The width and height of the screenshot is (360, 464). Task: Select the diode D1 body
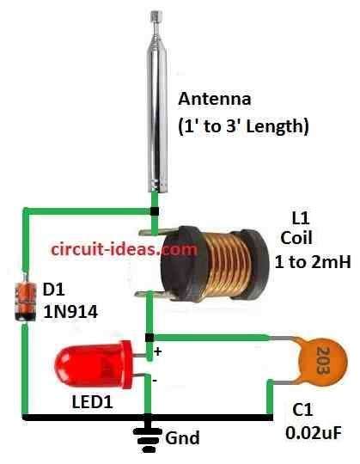pos(21,300)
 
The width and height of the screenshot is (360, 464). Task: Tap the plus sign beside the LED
pos(158,351)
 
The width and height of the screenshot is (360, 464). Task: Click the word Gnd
pos(184,438)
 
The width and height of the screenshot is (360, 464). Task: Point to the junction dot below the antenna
pos(155,211)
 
